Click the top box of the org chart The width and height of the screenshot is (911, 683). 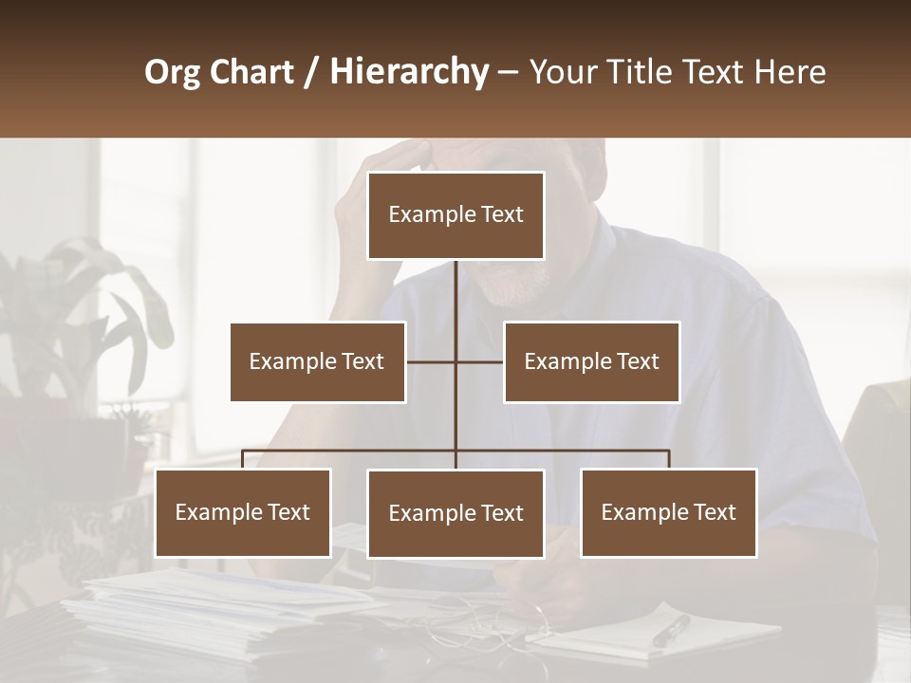pos(455,215)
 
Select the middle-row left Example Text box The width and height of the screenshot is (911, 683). pos(317,361)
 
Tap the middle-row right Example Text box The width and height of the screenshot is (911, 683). pos(591,361)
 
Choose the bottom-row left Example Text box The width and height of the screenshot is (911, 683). pos(242,512)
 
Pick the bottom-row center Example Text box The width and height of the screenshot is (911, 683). pos(455,513)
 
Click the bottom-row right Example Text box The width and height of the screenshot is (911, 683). pos(668,512)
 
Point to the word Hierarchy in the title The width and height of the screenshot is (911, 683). pos(409,72)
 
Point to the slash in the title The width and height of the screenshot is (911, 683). pos(311,72)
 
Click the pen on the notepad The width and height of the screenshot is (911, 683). pos(671,630)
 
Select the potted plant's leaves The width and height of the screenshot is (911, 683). pos(85,304)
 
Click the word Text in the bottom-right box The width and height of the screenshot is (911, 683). pos(714,512)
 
